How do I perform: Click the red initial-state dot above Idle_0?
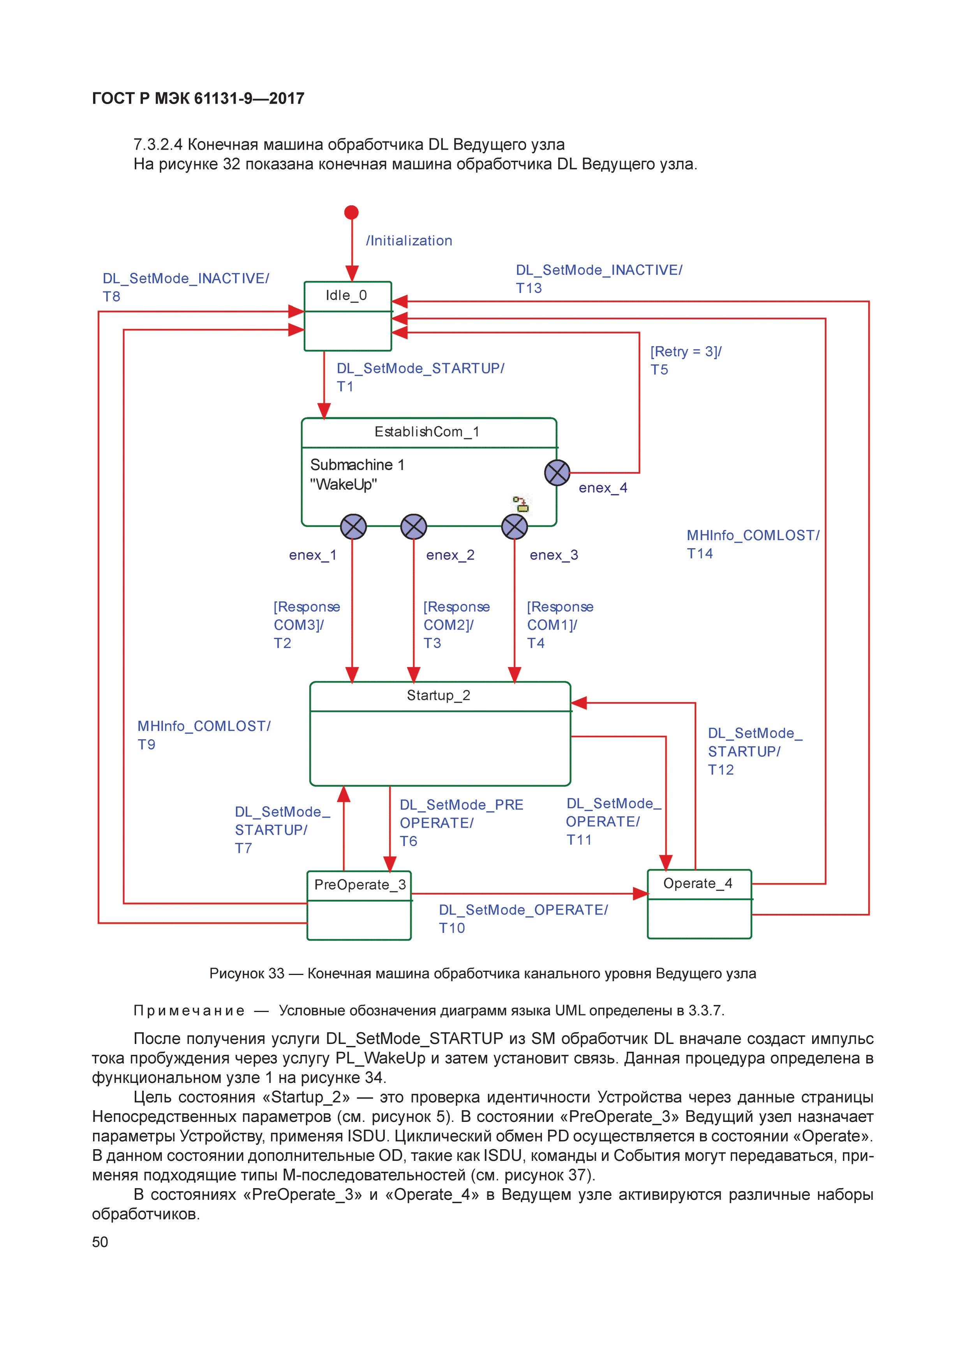click(351, 212)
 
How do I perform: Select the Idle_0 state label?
click(346, 295)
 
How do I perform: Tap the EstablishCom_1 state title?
click(427, 432)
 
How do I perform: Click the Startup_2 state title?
click(438, 696)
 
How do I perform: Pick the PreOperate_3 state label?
click(360, 885)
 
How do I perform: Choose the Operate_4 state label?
click(698, 883)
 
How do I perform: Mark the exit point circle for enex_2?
click(414, 527)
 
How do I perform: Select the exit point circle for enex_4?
click(557, 473)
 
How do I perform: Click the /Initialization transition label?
click(409, 240)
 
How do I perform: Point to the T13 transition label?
click(529, 288)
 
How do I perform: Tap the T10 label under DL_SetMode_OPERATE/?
click(452, 928)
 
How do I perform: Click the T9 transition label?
click(146, 745)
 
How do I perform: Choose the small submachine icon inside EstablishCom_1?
click(522, 504)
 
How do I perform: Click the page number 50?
click(100, 1242)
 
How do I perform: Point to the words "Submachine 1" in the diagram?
click(357, 464)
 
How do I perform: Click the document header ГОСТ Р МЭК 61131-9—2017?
click(198, 98)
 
